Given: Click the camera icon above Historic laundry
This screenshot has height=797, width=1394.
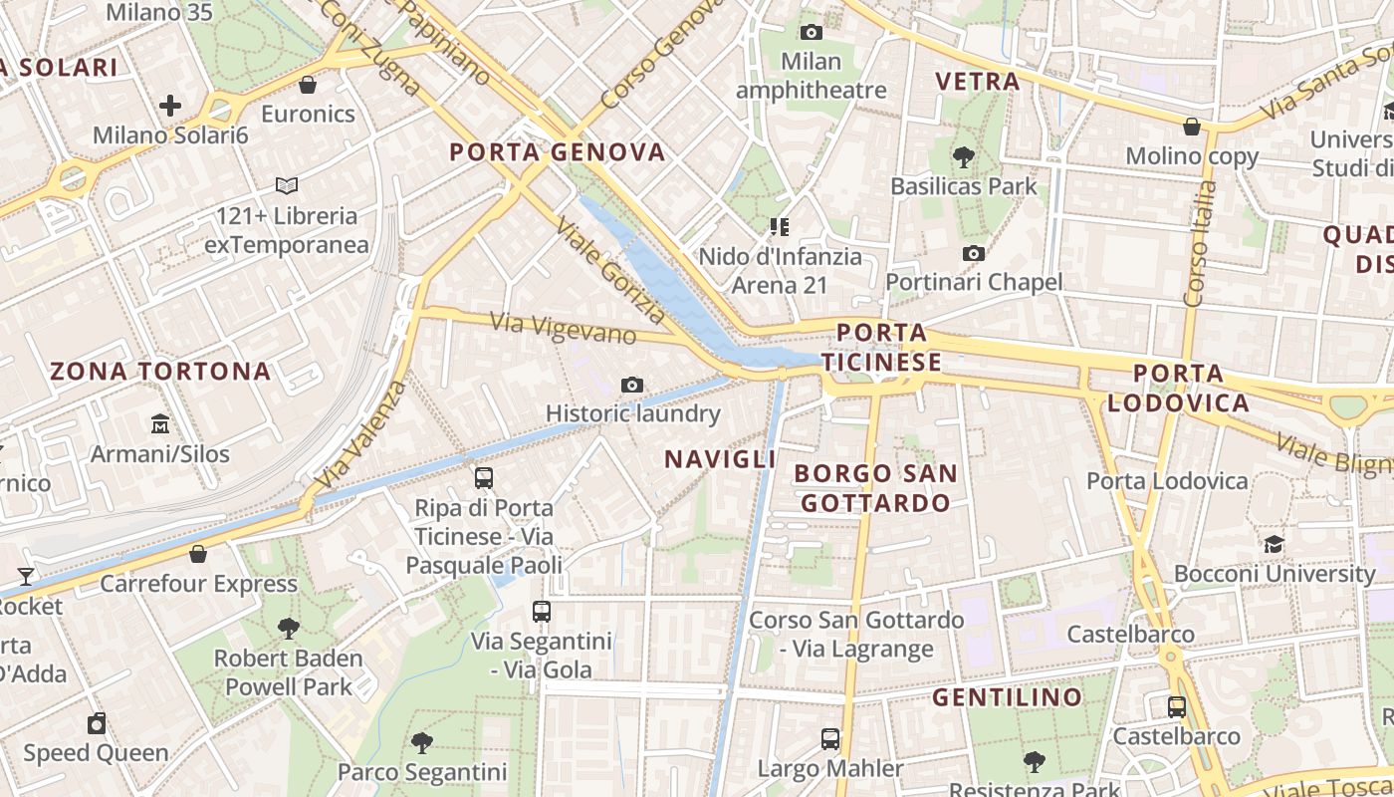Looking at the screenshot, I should (x=631, y=385).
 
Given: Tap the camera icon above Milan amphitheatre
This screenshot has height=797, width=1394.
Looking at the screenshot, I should (x=812, y=32).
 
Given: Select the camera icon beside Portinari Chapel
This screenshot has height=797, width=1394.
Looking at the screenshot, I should (x=974, y=253).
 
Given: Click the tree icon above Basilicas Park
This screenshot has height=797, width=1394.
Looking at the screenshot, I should (x=963, y=156).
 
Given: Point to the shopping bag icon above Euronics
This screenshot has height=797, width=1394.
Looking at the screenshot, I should (x=308, y=85).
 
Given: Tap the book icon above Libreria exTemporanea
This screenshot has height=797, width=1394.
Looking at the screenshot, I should (x=287, y=185).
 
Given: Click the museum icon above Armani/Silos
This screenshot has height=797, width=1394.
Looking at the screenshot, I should (x=160, y=424).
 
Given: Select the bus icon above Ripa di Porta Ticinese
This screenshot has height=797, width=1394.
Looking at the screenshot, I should (x=484, y=478).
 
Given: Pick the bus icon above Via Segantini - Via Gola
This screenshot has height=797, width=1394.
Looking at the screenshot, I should (x=541, y=611).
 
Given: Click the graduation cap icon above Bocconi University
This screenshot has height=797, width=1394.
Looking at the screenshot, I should (x=1274, y=544).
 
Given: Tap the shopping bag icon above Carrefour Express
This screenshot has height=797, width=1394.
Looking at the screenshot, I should (x=198, y=554).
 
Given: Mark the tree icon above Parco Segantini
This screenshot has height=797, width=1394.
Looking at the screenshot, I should (x=422, y=742).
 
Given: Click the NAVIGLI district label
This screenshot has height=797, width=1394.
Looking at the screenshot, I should (x=720, y=459).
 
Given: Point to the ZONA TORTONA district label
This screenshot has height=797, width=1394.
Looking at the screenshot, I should (x=160, y=372).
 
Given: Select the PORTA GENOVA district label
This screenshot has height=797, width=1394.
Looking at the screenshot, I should (x=557, y=152).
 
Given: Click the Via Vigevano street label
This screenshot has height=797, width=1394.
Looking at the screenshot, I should (x=564, y=328).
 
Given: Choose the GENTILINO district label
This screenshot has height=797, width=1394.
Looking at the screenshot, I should (x=1007, y=697).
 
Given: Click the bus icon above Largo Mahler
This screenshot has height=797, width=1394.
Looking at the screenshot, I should (x=830, y=739).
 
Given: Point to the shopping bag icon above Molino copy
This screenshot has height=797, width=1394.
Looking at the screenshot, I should (x=1191, y=127).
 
